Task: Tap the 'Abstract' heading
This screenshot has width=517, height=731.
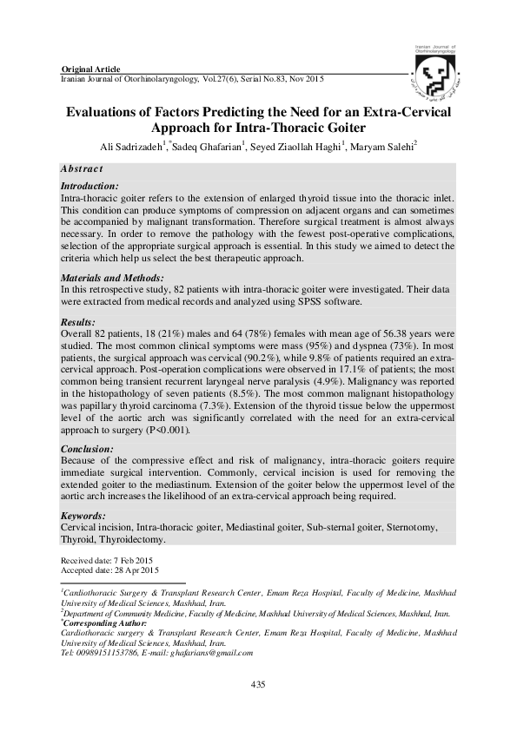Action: [83, 168]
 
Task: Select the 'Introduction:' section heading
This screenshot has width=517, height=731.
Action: [89, 187]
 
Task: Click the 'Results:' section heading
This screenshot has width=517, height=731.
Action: [80, 321]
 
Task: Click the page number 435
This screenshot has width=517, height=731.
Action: [258, 685]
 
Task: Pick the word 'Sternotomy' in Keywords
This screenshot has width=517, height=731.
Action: [412, 527]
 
